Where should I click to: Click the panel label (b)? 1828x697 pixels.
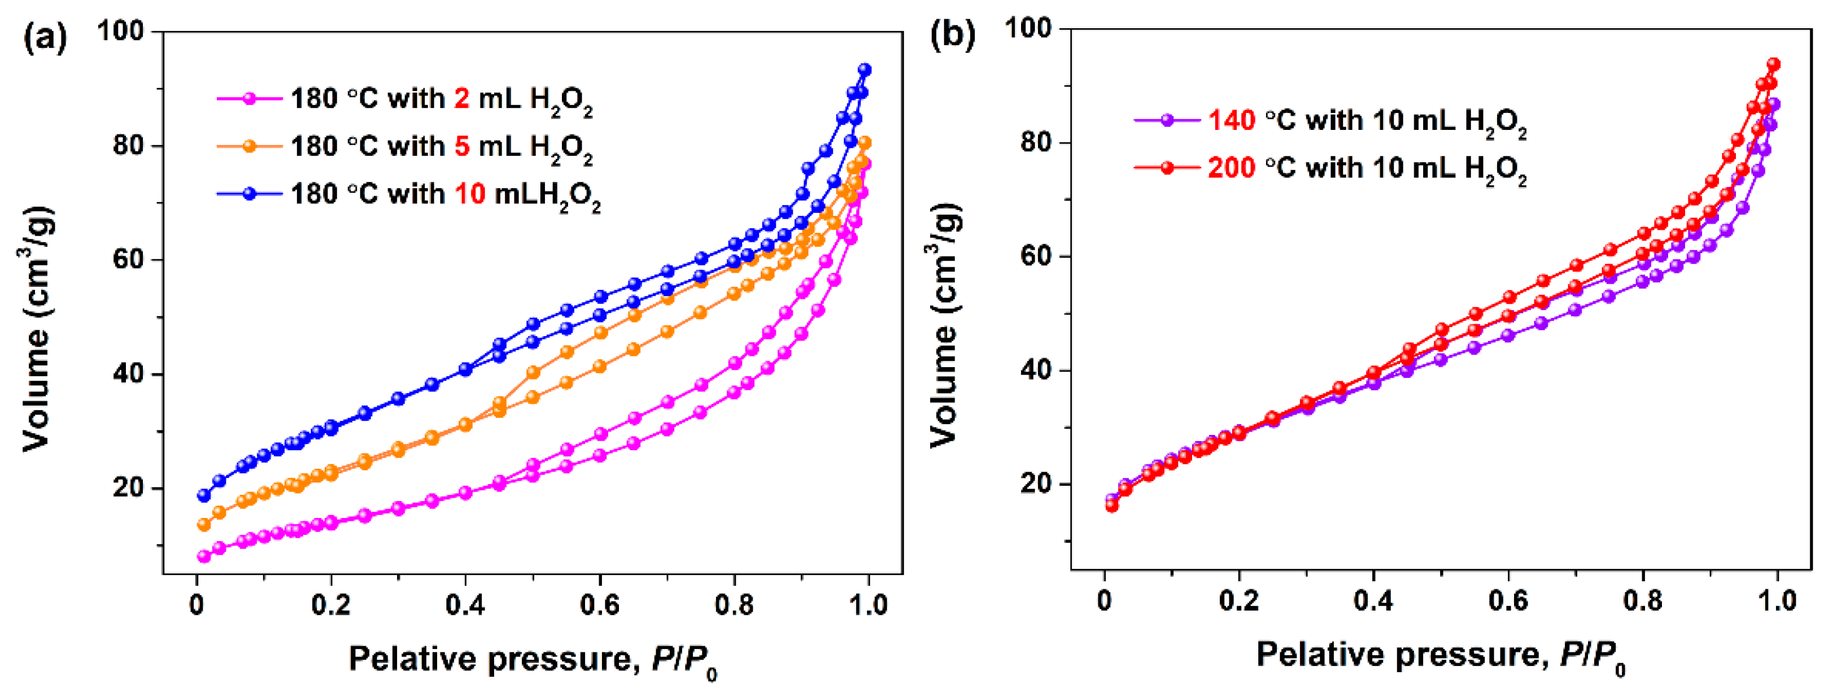(x=952, y=34)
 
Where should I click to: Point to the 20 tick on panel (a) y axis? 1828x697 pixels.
(x=128, y=489)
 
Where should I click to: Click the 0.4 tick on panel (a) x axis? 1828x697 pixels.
(x=465, y=605)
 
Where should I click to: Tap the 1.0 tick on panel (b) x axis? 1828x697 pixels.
(x=1776, y=600)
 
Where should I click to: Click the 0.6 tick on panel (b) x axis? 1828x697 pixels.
(x=1508, y=600)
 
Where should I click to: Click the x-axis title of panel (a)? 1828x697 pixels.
(x=532, y=660)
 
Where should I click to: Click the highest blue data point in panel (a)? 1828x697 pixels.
(x=865, y=69)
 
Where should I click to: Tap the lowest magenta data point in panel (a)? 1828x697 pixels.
(x=204, y=556)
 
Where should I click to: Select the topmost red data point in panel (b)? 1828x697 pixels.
(x=1773, y=64)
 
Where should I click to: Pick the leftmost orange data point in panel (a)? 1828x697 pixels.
(x=204, y=525)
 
